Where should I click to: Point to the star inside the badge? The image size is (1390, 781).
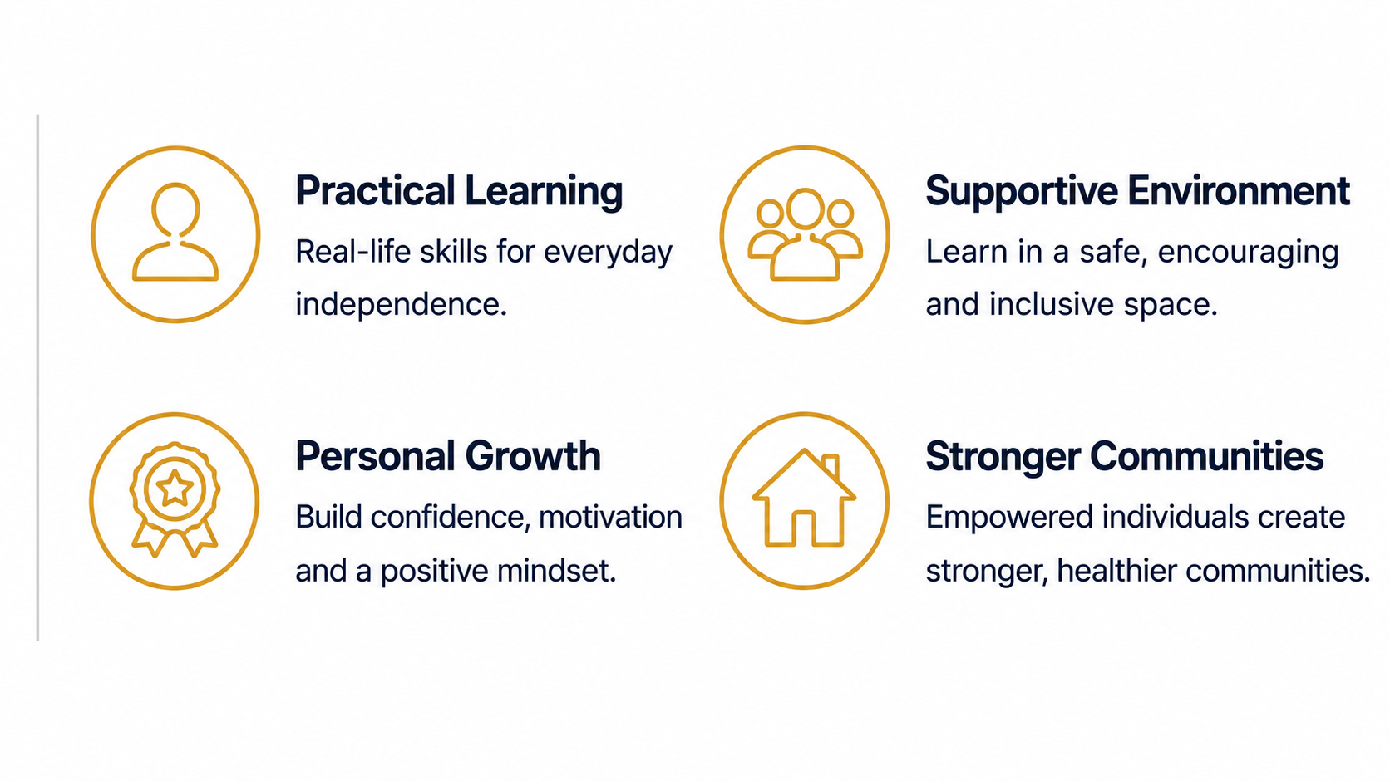(175, 489)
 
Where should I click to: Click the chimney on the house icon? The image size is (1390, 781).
(831, 466)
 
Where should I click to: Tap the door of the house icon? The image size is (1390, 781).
(804, 528)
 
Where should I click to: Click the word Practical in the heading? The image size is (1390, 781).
(376, 190)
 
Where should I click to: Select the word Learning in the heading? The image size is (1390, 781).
(544, 192)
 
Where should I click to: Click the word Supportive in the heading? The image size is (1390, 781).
(1022, 192)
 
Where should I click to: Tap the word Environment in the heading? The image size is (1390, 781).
(1239, 190)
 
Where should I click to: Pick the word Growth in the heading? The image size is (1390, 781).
(533, 457)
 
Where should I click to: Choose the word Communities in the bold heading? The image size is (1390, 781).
(1206, 457)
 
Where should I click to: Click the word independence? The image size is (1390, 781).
(401, 305)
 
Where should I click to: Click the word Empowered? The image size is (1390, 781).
(1009, 518)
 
